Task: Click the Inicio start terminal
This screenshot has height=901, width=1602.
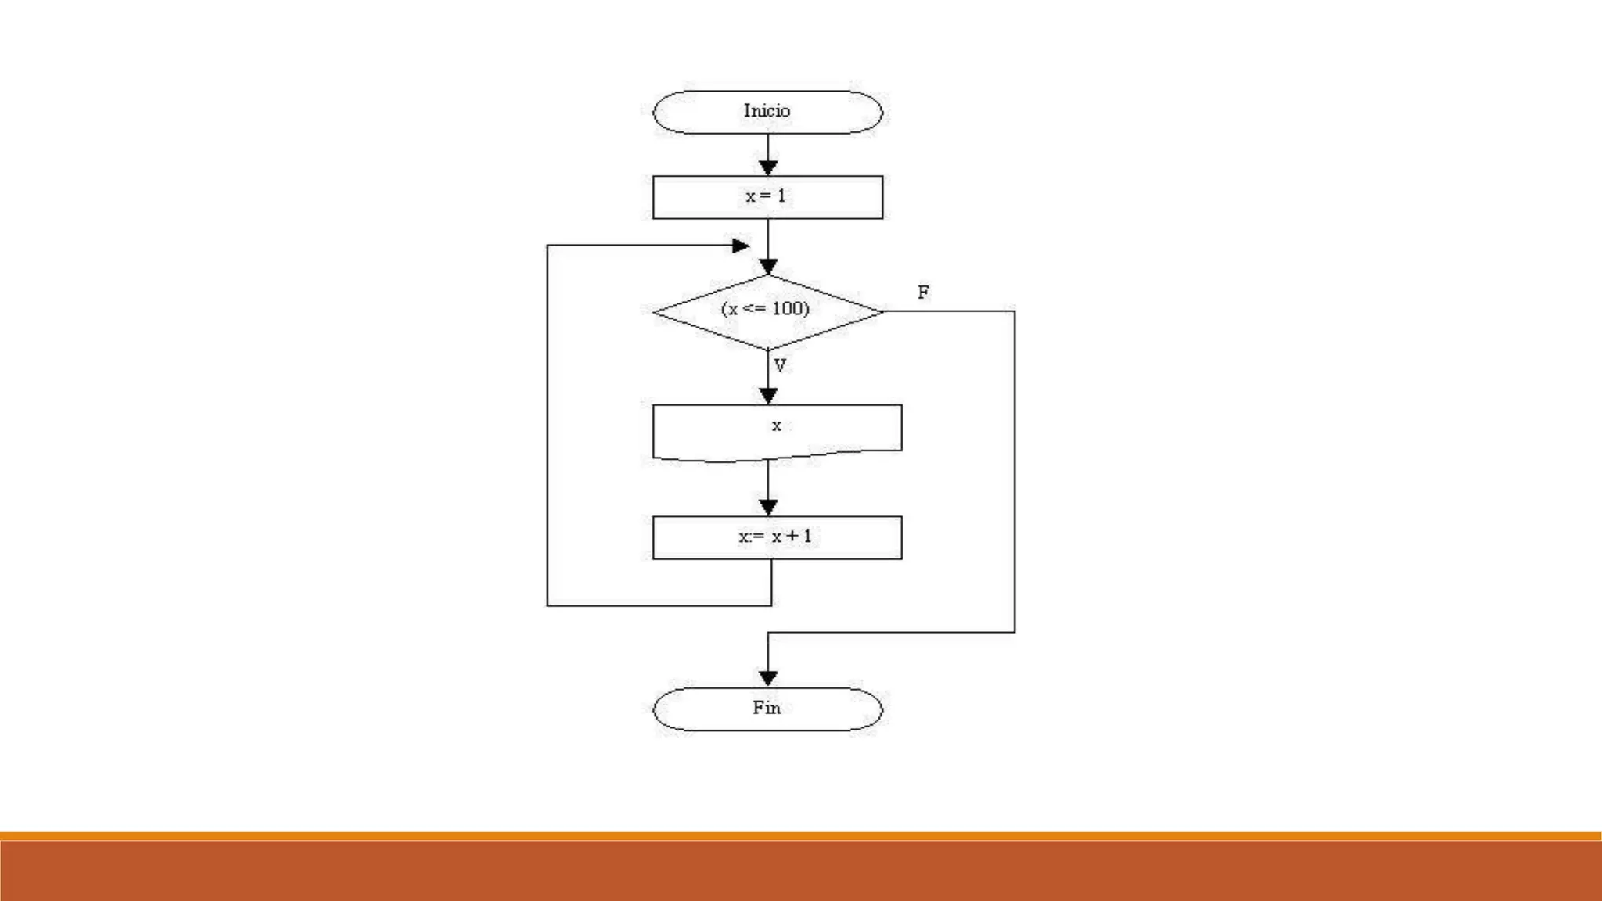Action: click(x=767, y=112)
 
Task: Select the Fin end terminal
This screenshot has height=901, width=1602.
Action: click(x=767, y=709)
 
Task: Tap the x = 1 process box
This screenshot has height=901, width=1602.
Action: click(x=767, y=197)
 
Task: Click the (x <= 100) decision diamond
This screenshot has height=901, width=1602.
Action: click(x=767, y=311)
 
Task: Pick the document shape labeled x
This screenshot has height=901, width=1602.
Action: click(x=777, y=429)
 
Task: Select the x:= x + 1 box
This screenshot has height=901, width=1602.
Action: click(x=777, y=537)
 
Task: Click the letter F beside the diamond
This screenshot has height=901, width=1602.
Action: click(x=923, y=293)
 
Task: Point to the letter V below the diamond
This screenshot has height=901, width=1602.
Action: click(x=780, y=365)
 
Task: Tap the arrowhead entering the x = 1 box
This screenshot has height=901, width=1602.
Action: click(x=768, y=167)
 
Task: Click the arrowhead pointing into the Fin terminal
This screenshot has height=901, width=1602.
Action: click(x=768, y=678)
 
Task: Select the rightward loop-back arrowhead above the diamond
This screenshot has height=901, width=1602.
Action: click(x=740, y=246)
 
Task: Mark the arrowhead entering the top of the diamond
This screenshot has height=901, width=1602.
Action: click(x=768, y=267)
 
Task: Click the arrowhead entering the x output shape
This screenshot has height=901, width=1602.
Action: click(x=768, y=397)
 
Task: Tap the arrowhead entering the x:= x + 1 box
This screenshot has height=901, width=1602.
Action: click(x=768, y=508)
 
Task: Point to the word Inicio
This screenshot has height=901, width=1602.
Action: click(x=767, y=111)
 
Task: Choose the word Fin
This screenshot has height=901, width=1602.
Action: click(x=767, y=708)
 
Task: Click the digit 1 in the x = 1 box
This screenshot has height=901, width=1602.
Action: click(x=781, y=196)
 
